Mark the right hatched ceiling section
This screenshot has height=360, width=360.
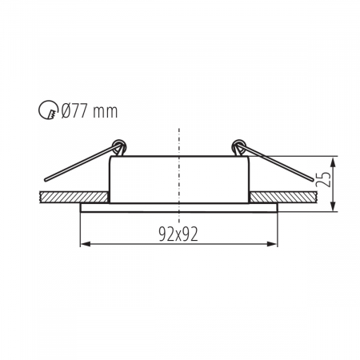click(x=288, y=197)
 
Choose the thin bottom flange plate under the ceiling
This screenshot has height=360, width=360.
click(x=179, y=207)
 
